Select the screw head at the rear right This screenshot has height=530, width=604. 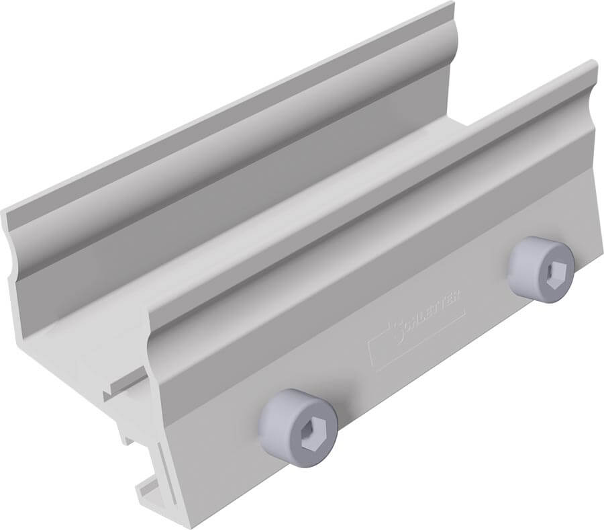(540, 269)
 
